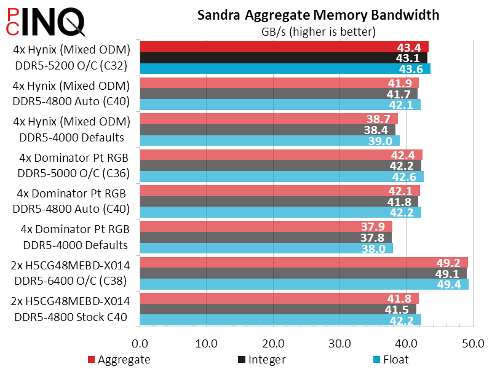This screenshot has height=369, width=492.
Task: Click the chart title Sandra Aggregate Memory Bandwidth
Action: [x=319, y=15]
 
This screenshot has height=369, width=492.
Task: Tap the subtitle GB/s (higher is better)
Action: [x=319, y=31]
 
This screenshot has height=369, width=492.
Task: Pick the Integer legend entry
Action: [x=261, y=359]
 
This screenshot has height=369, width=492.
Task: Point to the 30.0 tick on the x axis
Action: [x=340, y=342]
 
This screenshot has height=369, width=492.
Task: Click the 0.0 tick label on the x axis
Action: [x=140, y=342]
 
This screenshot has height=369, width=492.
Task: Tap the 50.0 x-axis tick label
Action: [x=473, y=342]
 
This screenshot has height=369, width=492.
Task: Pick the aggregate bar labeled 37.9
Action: [x=258, y=226]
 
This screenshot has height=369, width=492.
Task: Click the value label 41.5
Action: [x=403, y=309]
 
